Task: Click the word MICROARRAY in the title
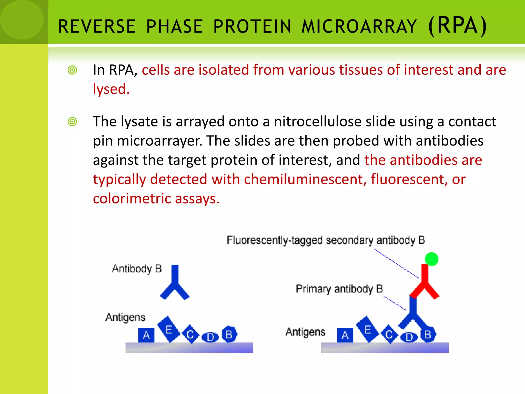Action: coord(359,26)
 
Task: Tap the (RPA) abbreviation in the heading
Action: coord(457,26)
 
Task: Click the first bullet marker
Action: coord(72,70)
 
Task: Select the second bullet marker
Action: coord(72,122)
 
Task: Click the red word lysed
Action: coord(111,89)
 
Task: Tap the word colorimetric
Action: coord(132,199)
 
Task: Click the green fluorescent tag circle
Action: coord(431,259)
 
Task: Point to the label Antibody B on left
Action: coord(137,269)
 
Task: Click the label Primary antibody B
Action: coord(339,289)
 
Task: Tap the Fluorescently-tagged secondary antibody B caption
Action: coord(326,240)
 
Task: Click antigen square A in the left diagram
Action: coord(146,335)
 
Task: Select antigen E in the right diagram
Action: coord(367,329)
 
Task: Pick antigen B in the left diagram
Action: coord(229,334)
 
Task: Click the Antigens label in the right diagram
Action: coord(305,332)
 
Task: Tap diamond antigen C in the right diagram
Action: coord(389,334)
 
